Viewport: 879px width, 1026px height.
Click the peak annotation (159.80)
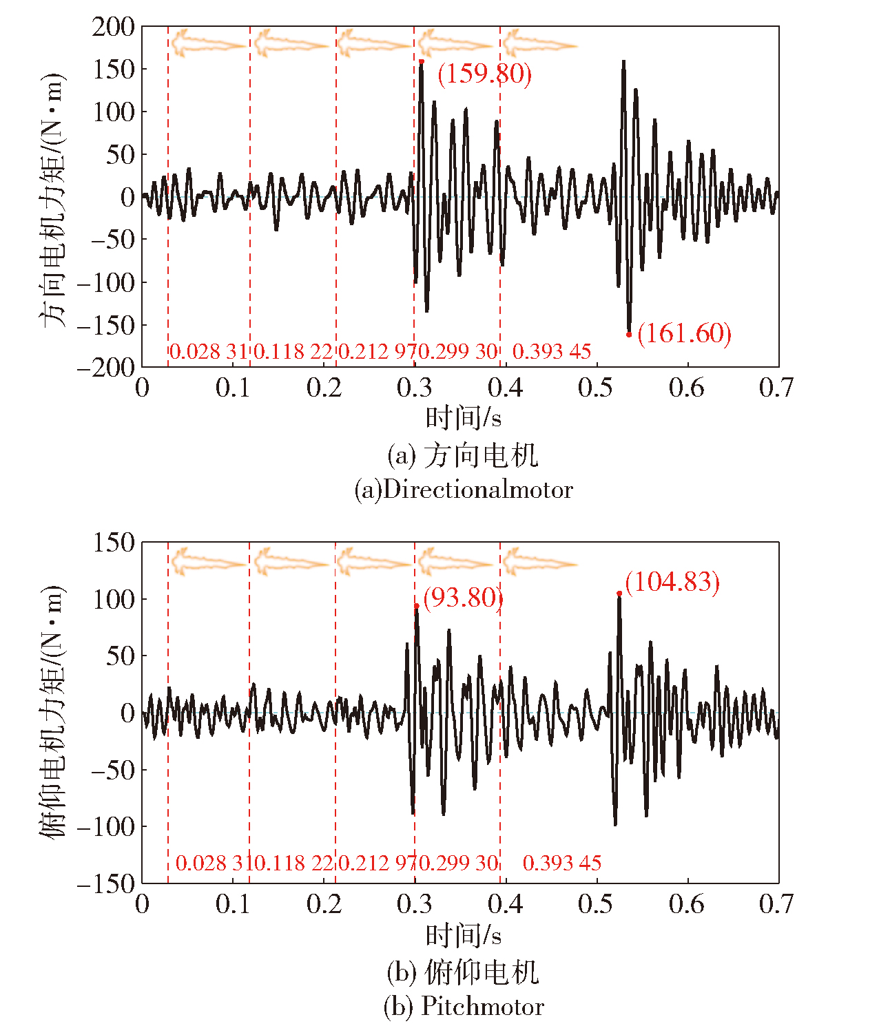(x=485, y=74)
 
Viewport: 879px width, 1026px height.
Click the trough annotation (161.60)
(x=684, y=333)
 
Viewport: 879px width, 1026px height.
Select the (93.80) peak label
(x=463, y=597)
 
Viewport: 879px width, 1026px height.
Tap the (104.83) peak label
(x=672, y=582)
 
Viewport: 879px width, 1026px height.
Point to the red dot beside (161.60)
(x=629, y=335)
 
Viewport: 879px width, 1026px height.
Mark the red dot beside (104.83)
(x=619, y=593)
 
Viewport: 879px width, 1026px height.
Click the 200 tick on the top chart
(x=114, y=27)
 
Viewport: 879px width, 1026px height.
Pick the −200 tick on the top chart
(x=106, y=367)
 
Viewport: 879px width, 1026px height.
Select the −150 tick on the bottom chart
(x=106, y=883)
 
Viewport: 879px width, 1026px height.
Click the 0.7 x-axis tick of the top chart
(x=776, y=388)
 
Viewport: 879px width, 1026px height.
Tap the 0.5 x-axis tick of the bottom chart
(x=595, y=904)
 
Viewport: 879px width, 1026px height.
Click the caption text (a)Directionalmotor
(x=464, y=490)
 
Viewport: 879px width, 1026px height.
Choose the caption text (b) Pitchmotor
(x=464, y=1007)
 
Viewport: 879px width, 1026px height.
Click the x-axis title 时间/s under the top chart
(x=463, y=418)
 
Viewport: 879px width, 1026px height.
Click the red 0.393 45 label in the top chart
(x=552, y=352)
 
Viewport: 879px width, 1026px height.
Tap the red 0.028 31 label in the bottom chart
(x=209, y=863)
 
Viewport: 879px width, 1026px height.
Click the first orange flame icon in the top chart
(x=207, y=44)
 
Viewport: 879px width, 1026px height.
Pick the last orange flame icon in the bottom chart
(x=539, y=562)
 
